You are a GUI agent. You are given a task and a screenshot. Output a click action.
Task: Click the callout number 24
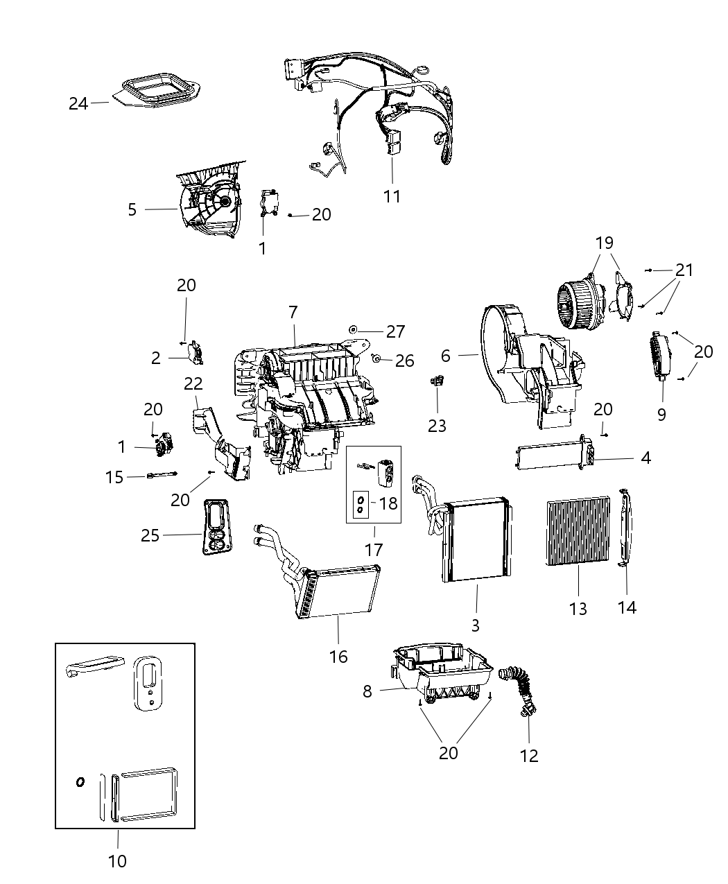[78, 104]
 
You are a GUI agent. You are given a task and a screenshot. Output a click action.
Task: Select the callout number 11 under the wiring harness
[392, 196]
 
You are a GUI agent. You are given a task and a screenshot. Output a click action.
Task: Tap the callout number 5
[132, 209]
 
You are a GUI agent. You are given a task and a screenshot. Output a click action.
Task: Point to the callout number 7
[293, 313]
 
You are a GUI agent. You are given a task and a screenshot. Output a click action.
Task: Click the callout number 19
[604, 243]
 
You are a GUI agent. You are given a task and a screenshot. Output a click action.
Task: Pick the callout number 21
[684, 270]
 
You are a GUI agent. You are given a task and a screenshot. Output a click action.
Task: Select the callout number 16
[338, 656]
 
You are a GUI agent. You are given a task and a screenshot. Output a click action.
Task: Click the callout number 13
[578, 609]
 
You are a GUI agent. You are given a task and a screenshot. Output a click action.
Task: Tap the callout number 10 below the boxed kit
[118, 861]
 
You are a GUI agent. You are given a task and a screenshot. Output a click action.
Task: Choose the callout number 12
[529, 755]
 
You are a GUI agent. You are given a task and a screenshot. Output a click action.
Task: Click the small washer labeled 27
[353, 328]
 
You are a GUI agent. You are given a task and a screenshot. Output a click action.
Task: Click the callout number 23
[437, 425]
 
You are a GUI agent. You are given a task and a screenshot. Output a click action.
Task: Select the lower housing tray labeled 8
[444, 669]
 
